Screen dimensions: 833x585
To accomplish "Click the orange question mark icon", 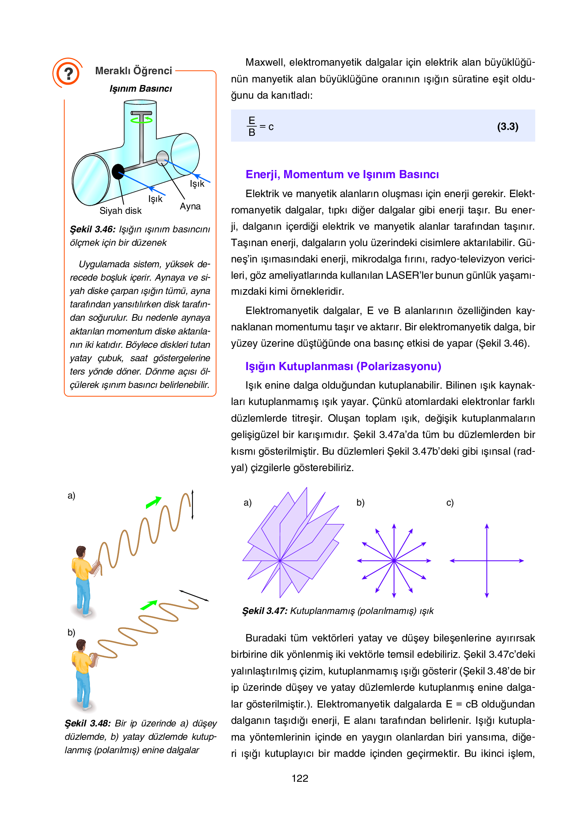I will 68,73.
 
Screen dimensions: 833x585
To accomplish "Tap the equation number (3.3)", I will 507,127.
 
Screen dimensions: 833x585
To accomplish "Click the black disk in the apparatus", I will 118,171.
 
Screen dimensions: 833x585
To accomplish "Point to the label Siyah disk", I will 120,211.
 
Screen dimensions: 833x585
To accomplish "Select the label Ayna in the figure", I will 190,206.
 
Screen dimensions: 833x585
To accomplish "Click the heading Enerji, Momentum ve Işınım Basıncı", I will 342,174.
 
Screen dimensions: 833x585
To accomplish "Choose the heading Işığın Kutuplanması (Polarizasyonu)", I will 343,366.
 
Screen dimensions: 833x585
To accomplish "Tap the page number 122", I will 300,778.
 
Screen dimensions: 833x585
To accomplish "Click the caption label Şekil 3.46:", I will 93,229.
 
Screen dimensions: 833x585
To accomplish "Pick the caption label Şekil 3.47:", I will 265,611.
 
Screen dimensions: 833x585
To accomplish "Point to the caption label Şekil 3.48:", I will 88,723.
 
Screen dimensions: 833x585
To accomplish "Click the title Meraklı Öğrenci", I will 133,71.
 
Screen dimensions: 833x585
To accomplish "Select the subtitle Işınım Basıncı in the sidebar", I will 141,89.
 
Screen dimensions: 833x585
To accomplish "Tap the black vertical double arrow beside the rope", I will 192,504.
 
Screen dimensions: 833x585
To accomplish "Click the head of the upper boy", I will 81,551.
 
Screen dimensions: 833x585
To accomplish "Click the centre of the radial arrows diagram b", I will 394,561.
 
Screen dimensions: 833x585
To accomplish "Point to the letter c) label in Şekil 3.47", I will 450,503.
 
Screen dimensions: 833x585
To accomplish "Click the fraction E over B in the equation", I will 252,127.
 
